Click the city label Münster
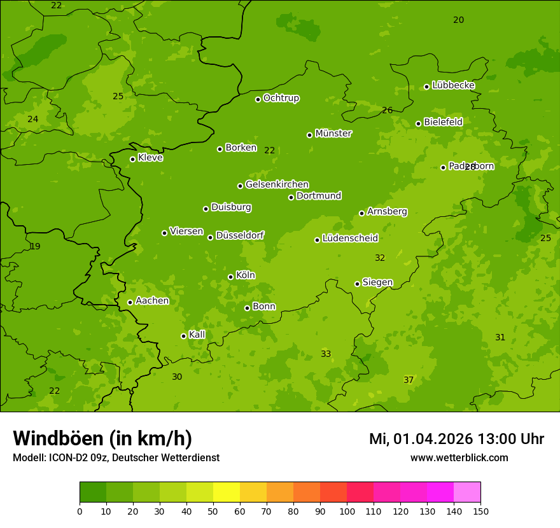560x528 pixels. [x=333, y=134]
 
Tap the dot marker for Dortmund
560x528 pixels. [x=291, y=197]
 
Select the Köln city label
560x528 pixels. [x=246, y=275]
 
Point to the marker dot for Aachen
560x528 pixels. [x=130, y=302]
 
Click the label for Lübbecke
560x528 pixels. [x=453, y=85]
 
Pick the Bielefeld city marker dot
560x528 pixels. [x=419, y=124]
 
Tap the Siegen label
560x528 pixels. [x=377, y=282]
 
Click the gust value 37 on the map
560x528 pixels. [x=409, y=380]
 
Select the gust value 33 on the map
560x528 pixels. [x=326, y=354]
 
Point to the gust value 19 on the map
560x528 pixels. [x=35, y=246]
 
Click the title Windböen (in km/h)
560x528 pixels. [x=102, y=438]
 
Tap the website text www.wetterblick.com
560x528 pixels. [x=459, y=457]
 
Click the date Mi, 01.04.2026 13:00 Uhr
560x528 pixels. [x=456, y=439]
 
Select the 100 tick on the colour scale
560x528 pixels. [x=347, y=510]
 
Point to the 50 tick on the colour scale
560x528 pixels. [x=213, y=510]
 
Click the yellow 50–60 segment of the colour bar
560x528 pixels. [x=227, y=492]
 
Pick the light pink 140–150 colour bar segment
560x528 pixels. [x=467, y=492]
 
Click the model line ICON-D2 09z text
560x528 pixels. [x=116, y=457]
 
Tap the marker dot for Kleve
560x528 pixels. [x=133, y=160]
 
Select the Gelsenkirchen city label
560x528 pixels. [x=277, y=184]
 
